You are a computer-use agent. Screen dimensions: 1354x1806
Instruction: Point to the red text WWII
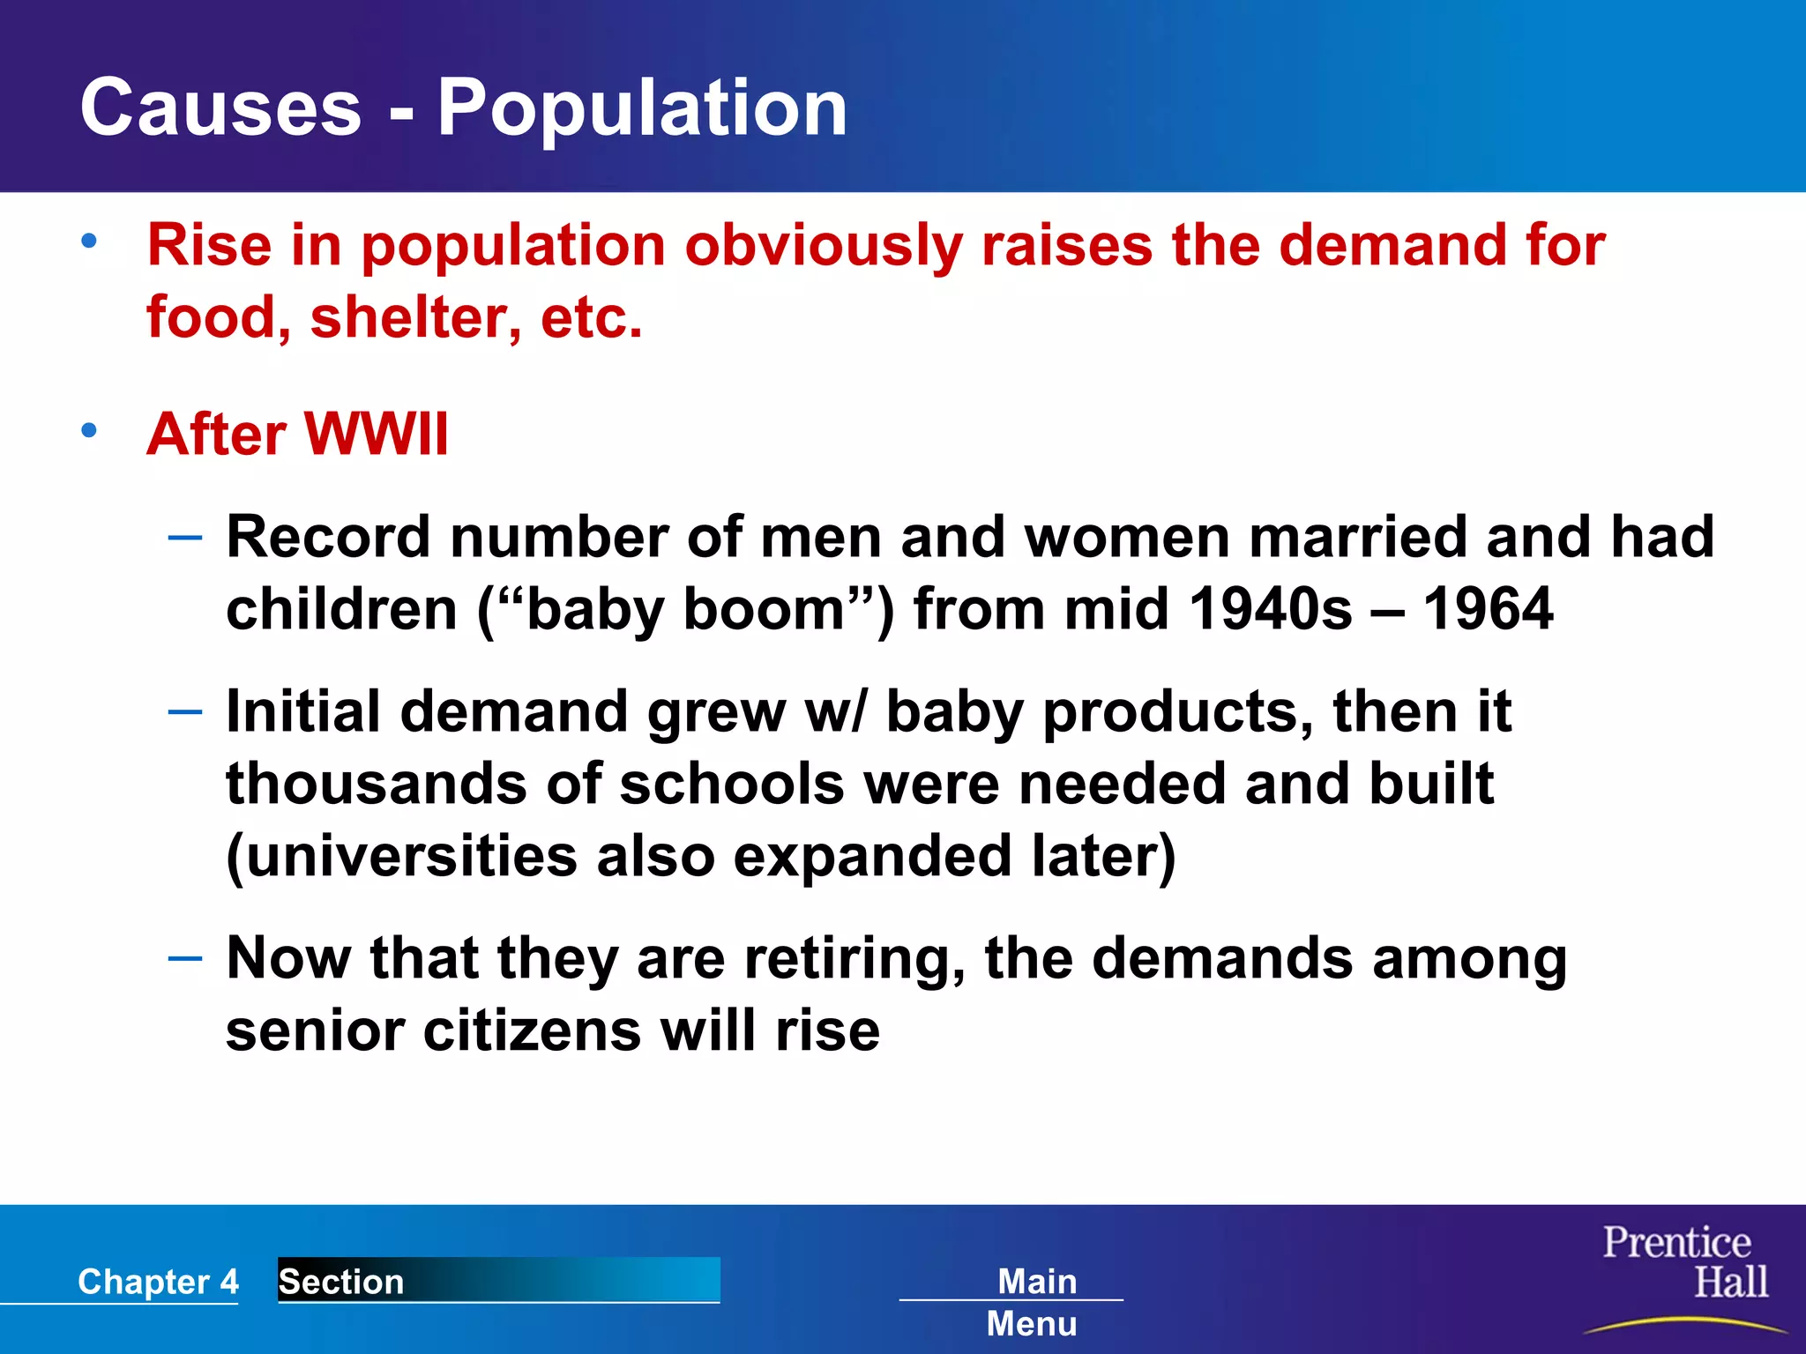[x=377, y=434]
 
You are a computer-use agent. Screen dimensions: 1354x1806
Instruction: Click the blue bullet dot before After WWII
[x=89, y=431]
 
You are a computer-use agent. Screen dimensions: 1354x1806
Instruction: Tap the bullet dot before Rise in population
[x=89, y=241]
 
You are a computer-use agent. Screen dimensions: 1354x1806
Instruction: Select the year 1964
[x=1488, y=609]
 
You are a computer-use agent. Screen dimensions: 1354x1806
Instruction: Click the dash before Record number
[x=185, y=536]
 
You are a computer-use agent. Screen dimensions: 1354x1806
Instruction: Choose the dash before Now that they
[x=185, y=958]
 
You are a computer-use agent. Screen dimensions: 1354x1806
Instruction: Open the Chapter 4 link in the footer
[x=158, y=1281]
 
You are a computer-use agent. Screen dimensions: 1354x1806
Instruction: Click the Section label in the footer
[x=341, y=1281]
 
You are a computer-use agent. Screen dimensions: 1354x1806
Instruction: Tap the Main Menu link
[x=1034, y=1301]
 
